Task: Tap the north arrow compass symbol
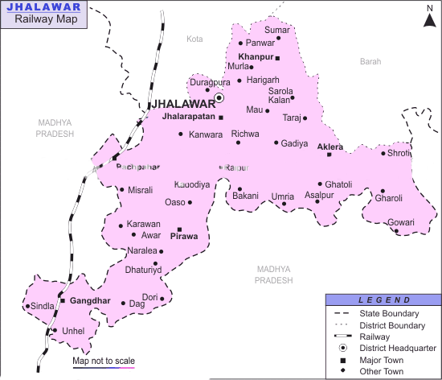click(429, 15)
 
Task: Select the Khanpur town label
click(256, 56)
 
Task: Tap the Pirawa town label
click(184, 237)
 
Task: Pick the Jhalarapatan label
click(189, 117)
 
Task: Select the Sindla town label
click(43, 306)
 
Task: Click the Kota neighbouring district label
click(195, 39)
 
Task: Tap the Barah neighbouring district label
click(370, 61)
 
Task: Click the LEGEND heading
click(383, 299)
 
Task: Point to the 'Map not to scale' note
click(104, 360)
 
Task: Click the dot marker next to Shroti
click(383, 153)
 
